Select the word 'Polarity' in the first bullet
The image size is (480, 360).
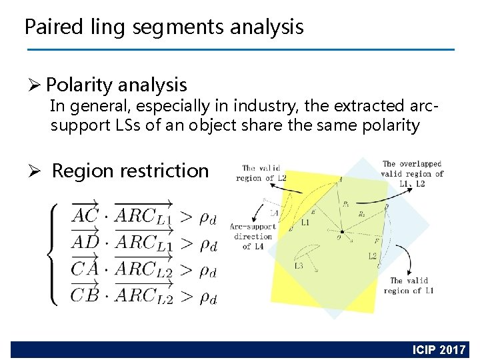click(x=79, y=85)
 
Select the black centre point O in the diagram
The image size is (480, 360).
click(x=342, y=232)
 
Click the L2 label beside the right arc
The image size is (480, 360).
click(x=373, y=255)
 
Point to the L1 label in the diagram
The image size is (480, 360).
click(x=305, y=221)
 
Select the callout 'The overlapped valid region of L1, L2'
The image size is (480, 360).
click(x=412, y=173)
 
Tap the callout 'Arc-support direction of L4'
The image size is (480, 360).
click(x=253, y=236)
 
